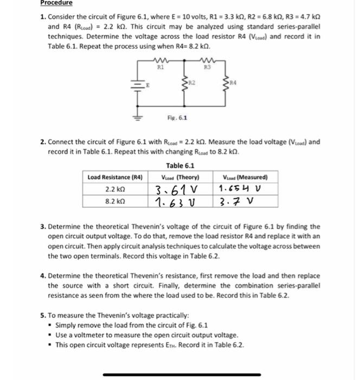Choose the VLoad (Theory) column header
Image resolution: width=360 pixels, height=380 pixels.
click(x=180, y=177)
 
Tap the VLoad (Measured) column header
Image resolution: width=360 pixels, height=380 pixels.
click(x=241, y=177)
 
